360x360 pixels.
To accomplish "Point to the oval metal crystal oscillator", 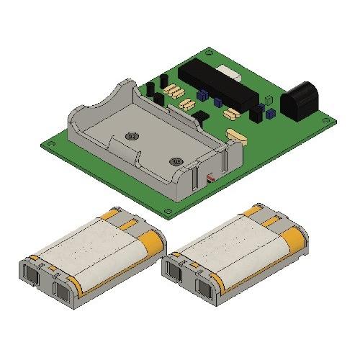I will point(235,135).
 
